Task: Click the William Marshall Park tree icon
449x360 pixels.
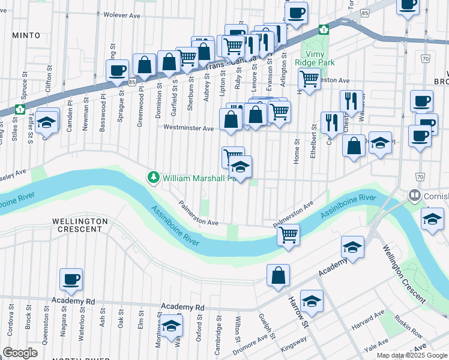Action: click(154, 178)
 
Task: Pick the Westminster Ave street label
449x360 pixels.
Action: click(189, 128)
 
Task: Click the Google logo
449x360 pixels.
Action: click(20, 353)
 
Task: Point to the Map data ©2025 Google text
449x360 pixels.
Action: click(412, 355)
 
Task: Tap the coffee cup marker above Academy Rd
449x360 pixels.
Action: click(71, 279)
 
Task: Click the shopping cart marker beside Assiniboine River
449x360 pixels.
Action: click(289, 235)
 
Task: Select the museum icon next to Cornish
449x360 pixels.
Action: click(414, 196)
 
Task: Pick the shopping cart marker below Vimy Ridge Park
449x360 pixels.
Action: click(309, 78)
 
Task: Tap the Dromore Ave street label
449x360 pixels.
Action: click(249, 344)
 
